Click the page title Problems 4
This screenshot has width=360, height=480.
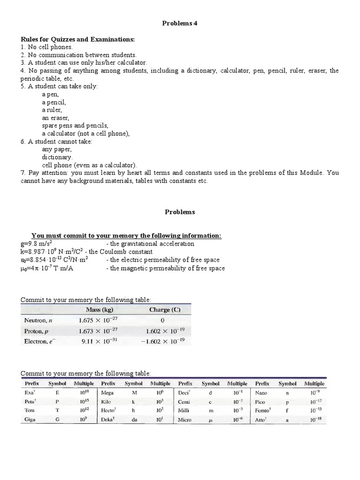click(180, 23)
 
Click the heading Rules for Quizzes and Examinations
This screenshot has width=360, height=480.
click(77, 39)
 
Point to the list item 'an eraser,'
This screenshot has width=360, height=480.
click(55, 118)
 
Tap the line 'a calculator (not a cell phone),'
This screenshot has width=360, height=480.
click(85, 133)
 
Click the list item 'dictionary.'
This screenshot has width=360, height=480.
click(57, 157)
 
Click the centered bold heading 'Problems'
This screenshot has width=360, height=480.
click(180, 212)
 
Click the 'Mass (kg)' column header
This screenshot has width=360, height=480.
click(100, 310)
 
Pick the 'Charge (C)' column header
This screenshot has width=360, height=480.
click(164, 310)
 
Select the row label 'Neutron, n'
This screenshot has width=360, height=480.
click(38, 321)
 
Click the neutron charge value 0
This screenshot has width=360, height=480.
click(163, 321)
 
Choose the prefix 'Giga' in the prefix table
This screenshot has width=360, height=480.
click(30, 420)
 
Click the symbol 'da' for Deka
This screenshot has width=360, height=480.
click(134, 420)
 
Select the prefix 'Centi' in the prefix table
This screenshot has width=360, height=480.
click(186, 402)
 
